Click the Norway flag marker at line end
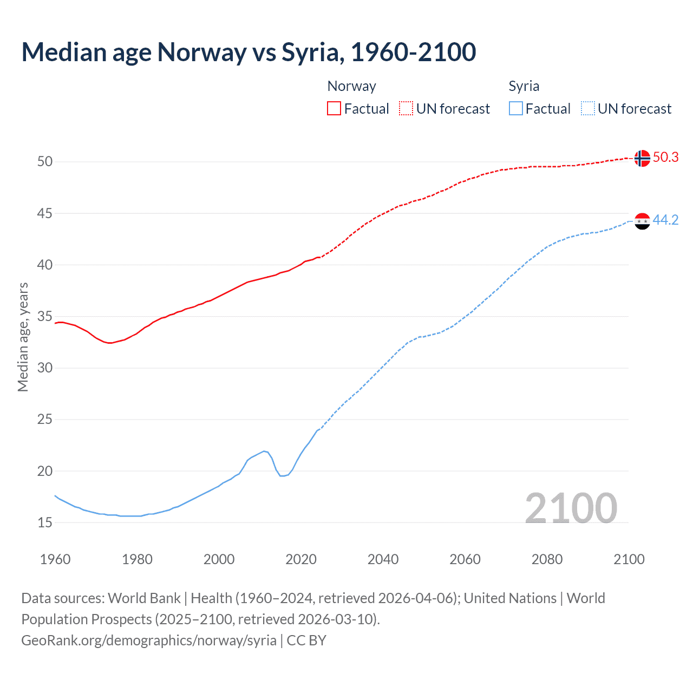(642, 158)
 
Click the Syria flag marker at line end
(642, 221)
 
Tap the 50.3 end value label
(665, 158)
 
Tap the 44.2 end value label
(665, 220)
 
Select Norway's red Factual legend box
(334, 109)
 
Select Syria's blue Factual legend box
(515, 109)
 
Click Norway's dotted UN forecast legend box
(406, 109)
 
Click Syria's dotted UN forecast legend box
(587, 109)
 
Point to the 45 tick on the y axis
(45, 214)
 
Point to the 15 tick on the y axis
(45, 523)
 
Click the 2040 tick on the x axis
(383, 559)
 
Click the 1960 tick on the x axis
(55, 559)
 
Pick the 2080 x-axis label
(547, 559)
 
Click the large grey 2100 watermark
(571, 508)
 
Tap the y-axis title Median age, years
(23, 337)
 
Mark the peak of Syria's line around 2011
(264, 451)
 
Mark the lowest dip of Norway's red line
(110, 343)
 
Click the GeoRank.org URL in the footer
(149, 640)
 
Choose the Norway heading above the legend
(351, 86)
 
